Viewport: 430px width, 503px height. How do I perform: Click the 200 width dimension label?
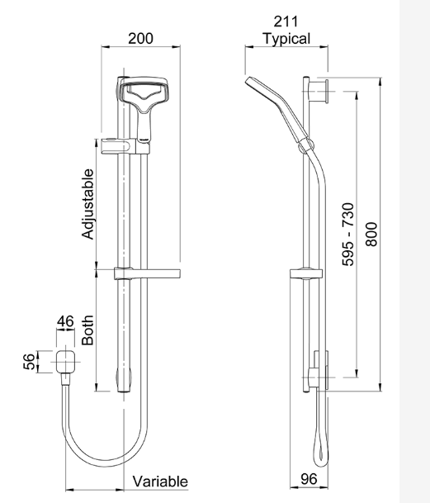[x=140, y=39]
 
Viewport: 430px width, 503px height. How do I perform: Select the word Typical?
[x=286, y=39]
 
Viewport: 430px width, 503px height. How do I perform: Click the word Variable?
[x=160, y=481]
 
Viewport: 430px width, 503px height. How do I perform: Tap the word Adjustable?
[x=88, y=204]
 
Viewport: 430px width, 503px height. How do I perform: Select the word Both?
[x=88, y=328]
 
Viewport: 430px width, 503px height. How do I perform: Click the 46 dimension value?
[x=66, y=321]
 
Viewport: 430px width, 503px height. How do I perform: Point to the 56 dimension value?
[x=29, y=361]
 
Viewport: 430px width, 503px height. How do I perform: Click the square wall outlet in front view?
[x=67, y=361]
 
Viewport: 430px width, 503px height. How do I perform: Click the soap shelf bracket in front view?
[x=149, y=273]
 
